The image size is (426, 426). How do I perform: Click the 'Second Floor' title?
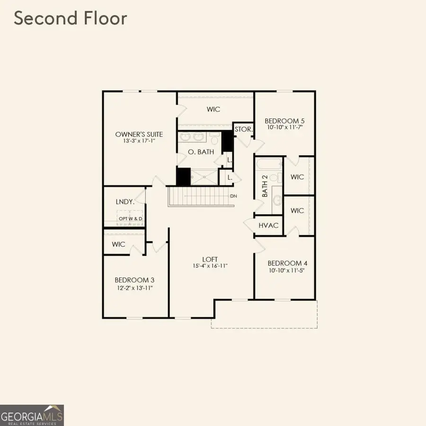point(71,18)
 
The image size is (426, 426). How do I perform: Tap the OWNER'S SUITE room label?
point(139,134)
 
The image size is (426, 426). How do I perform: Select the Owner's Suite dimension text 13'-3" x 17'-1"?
point(139,141)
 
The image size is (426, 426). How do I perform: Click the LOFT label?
point(210,259)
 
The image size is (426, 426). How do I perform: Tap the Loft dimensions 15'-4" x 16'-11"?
point(210,266)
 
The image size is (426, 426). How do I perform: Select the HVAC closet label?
point(268,226)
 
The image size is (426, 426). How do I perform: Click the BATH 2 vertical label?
point(265,186)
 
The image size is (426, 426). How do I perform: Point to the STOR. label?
point(244,129)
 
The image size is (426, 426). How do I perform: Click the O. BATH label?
point(201,152)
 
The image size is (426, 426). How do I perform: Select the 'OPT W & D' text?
point(131,219)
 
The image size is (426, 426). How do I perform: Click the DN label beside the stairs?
point(233,196)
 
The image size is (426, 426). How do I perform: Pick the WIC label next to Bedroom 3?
point(119,245)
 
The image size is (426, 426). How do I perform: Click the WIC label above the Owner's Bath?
point(213,109)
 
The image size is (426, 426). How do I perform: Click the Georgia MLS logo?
point(32,415)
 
